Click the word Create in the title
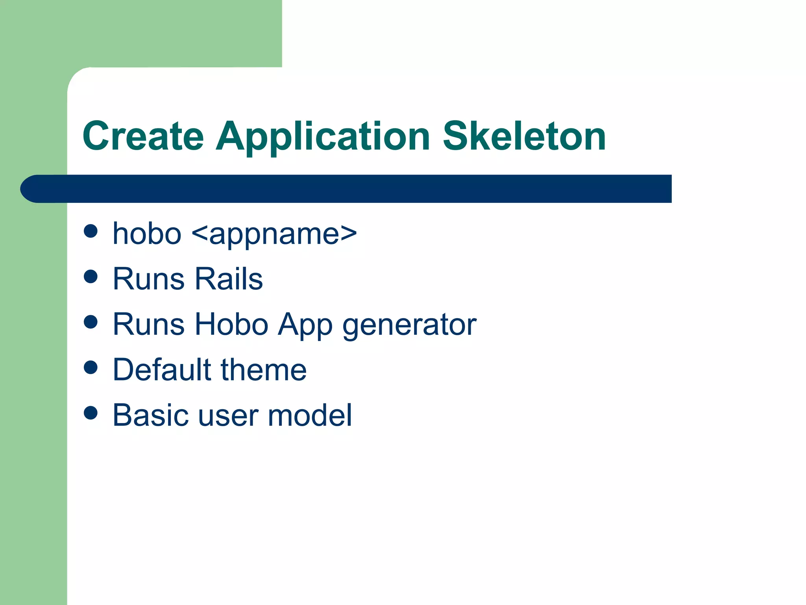pos(143,136)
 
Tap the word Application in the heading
pos(323,137)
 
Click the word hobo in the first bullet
pos(147,234)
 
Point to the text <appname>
pos(274,234)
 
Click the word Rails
pos(229,279)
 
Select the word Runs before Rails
pos(148,279)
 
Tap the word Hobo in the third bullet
pos(231,324)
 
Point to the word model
pos(310,415)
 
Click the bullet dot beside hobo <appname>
pos(91,231)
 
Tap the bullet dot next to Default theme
pos(91,367)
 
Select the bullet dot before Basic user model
pos(91,413)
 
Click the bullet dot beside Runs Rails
pos(91,277)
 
